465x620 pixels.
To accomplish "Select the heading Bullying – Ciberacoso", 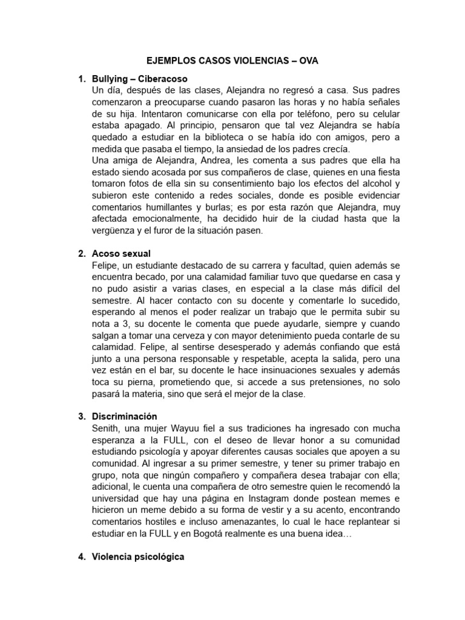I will click(140, 79).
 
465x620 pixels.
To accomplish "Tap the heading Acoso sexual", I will click(121, 253).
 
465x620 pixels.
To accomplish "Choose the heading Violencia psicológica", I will click(138, 556).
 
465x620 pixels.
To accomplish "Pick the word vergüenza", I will click(114, 230).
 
